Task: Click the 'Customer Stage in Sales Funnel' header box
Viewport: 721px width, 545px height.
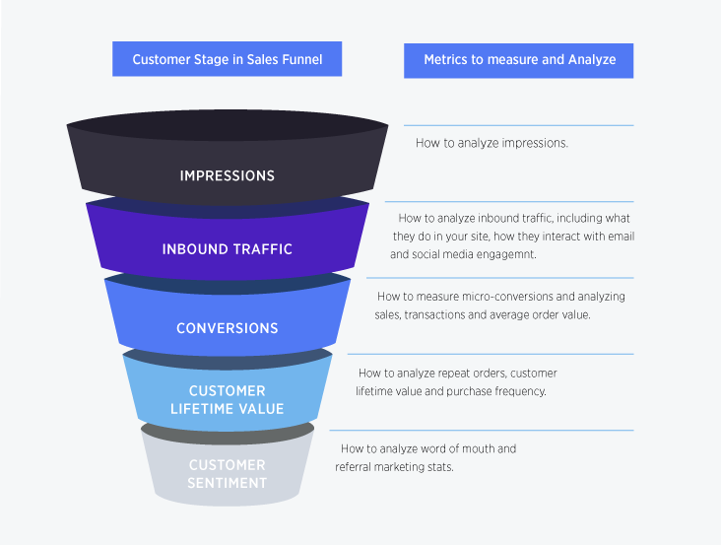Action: pos(228,59)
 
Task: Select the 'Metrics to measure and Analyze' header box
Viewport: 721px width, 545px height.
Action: pos(519,59)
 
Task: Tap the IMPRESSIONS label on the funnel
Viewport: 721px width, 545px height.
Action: pos(227,175)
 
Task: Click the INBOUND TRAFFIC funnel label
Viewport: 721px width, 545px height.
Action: pos(227,249)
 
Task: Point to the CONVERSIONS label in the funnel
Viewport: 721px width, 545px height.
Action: pos(227,328)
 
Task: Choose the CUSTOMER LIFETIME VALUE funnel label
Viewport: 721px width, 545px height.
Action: pos(227,400)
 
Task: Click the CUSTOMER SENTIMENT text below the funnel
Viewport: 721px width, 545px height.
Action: pos(227,474)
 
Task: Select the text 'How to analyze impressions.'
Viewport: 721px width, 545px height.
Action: pos(492,143)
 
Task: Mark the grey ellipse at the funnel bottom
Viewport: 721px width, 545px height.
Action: pos(228,432)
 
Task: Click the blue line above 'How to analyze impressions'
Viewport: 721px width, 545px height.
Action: pos(518,125)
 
